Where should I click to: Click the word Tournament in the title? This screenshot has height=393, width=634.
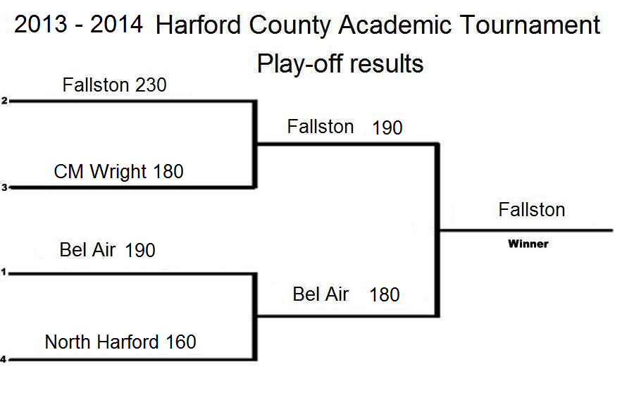[x=530, y=25]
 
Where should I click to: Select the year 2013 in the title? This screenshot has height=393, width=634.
[x=40, y=24]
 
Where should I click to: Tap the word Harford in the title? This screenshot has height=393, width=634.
[x=199, y=25]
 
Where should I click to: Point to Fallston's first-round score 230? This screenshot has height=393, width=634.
[x=151, y=85]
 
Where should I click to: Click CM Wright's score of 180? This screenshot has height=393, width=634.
[x=168, y=171]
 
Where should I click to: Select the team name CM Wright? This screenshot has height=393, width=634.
[x=100, y=172]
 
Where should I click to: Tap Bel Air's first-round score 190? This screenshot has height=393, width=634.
[x=140, y=250]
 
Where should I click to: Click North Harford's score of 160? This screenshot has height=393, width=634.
[x=181, y=342]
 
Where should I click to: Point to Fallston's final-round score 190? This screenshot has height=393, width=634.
[x=387, y=127]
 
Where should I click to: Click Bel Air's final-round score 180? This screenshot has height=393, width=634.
[x=385, y=294]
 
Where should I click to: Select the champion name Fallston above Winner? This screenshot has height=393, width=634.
[x=532, y=210]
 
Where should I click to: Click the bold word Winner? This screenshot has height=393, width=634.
[x=528, y=244]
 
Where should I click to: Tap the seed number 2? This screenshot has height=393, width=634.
[x=4, y=101]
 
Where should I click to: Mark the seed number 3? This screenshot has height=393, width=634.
[x=4, y=187]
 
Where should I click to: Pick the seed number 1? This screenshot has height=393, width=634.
[x=4, y=272]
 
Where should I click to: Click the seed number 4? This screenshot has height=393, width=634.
[x=4, y=359]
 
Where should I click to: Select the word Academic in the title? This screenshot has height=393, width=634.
[x=394, y=25]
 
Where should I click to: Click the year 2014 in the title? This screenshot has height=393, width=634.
[x=116, y=24]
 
